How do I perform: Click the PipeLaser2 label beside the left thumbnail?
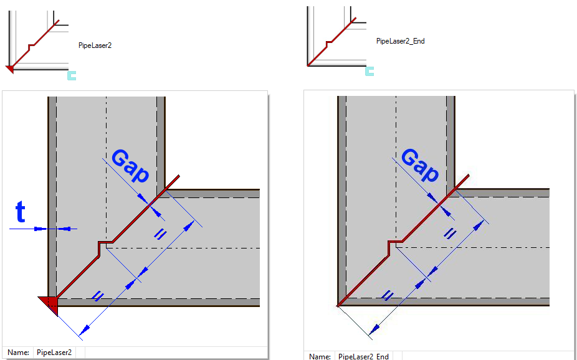pos(95,45)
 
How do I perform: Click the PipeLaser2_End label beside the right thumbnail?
pos(401,41)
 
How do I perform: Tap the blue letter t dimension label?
pos(21,212)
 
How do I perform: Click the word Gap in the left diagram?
pos(130,166)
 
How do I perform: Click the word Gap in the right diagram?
pos(420,166)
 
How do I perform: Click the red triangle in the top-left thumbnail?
pos(10,69)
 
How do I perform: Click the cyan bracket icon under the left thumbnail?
pos(72,76)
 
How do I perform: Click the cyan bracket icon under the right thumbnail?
pos(370,72)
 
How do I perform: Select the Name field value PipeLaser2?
pos(54,353)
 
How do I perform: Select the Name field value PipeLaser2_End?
pos(363,356)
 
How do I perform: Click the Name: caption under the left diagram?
pos(19,353)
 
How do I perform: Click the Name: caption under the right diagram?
pos(320,356)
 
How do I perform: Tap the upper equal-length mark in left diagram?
pos(160,234)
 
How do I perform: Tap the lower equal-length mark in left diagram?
pos(97,296)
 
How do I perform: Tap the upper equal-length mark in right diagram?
pos(449,234)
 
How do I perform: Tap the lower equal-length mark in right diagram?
pos(387,295)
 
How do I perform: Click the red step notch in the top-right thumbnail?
pos(329,44)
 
